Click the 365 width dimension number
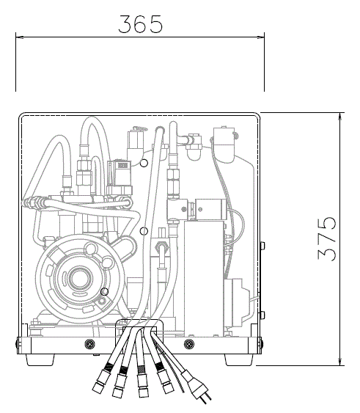pos(140,24)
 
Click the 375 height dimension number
pos(326,238)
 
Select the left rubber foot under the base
pos(40,359)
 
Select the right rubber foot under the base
pos(239,359)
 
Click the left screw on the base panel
pos(89,344)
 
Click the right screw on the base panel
pos(189,344)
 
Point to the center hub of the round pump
pos(79,279)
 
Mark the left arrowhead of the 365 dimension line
pos(19,37)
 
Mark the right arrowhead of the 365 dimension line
pos(261,37)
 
